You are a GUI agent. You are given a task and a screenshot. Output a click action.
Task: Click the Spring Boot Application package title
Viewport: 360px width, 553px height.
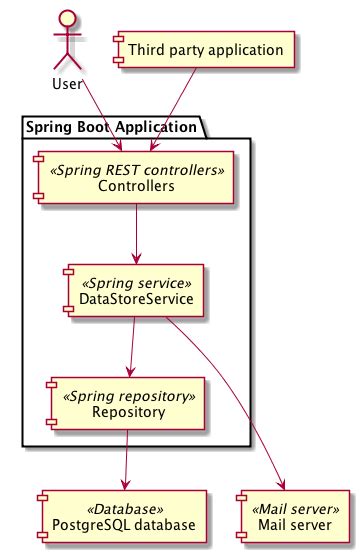[x=110, y=127]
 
